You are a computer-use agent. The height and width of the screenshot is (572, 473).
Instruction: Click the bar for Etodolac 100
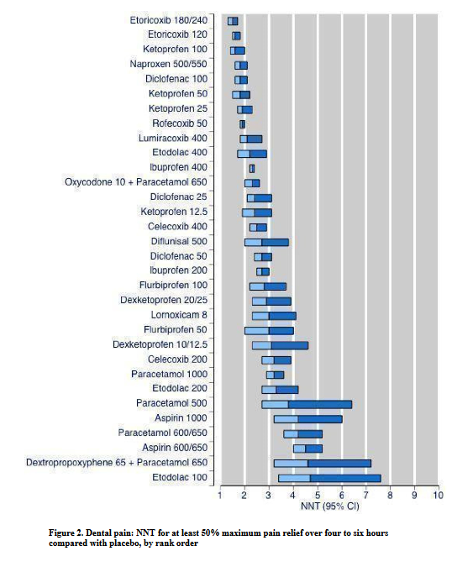coord(329,478)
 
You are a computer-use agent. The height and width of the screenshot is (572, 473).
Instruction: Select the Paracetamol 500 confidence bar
coord(307,404)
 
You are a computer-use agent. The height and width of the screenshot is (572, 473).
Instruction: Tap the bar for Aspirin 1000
coord(308,419)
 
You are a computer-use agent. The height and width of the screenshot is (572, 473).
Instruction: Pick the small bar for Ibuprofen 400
coord(252,169)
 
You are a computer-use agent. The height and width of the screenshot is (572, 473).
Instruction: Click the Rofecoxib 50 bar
coord(242,124)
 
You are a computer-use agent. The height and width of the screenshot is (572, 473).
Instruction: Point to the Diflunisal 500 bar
coord(266,242)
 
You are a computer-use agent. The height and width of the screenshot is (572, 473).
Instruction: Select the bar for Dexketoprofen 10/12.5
coord(280,345)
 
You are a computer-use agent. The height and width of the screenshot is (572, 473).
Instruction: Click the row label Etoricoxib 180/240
coord(169,20)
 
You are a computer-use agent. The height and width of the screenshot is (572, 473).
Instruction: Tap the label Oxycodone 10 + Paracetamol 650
coord(136,182)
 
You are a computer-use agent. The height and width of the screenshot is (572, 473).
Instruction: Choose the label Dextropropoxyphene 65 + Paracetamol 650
coord(117,463)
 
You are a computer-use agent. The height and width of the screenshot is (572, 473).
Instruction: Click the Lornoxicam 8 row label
coord(179,315)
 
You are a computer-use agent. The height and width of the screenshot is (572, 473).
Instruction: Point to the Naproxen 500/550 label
coord(168,64)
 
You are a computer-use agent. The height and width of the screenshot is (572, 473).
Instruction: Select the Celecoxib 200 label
coord(177,359)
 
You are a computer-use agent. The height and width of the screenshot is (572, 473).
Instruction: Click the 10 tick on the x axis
coord(439,495)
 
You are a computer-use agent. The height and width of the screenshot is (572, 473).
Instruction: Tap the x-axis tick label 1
coord(220,495)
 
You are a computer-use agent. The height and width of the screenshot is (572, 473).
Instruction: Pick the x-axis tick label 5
coord(318,495)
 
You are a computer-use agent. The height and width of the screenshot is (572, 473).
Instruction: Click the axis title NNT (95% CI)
coord(329,506)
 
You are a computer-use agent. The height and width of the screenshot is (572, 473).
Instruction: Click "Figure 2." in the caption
coord(66,533)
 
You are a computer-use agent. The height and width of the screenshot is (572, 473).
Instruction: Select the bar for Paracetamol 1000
coord(275,375)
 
